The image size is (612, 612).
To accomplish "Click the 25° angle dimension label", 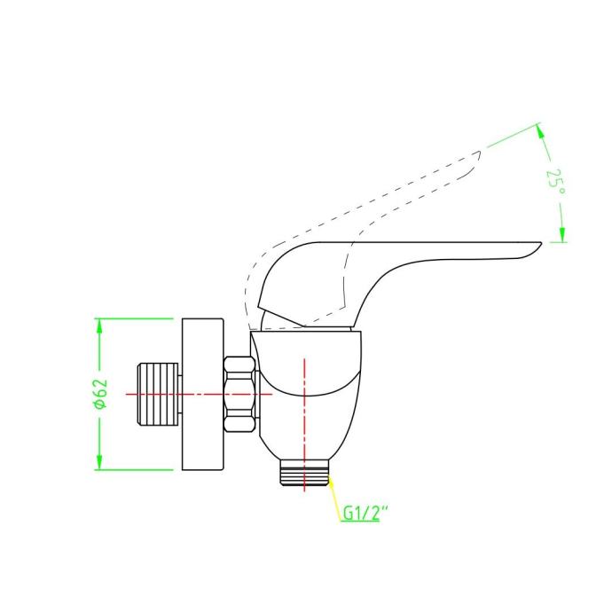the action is pos(556,184).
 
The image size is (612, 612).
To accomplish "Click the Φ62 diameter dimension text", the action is pos(100,394).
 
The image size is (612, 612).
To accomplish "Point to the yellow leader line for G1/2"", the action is pos(334,498).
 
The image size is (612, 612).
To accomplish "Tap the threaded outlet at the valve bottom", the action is pos(304,473).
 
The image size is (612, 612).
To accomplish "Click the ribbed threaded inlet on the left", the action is pos(157,394).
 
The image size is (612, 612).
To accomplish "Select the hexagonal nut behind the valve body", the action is pos(240,394).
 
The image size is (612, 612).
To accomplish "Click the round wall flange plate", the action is pos(203,394).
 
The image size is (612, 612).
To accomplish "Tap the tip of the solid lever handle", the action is pos(541,243).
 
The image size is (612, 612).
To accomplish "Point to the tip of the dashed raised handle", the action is pos(480,152).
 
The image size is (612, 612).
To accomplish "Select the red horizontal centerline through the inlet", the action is pos(199,394).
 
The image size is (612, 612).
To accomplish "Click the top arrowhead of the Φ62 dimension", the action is pos(99,326).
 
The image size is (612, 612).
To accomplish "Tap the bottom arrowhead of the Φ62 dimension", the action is pos(99,462).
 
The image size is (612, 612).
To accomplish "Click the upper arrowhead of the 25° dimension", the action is pos(540,130).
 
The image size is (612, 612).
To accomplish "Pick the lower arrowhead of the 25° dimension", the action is pos(562,234).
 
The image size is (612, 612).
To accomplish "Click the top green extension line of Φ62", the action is pos(134,318).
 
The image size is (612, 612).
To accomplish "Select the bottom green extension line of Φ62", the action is pos(134,470).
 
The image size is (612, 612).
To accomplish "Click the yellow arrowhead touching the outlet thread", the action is pos(331,482).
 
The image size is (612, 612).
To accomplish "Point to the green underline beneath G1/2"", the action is pos(359,522).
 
